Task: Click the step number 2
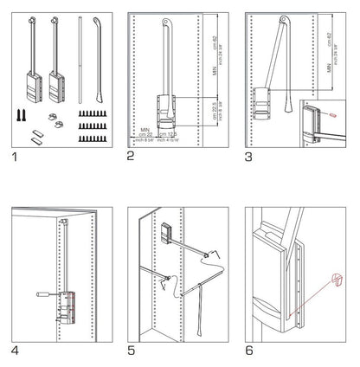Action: pyautogui.click(x=131, y=157)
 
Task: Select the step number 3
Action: pyautogui.click(x=250, y=157)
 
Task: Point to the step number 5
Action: pyautogui.click(x=131, y=352)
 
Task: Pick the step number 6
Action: pyautogui.click(x=250, y=352)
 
